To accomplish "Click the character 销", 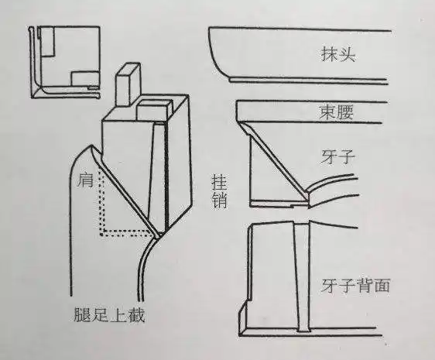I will tap(219, 204).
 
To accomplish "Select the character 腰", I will tap(346, 111).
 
